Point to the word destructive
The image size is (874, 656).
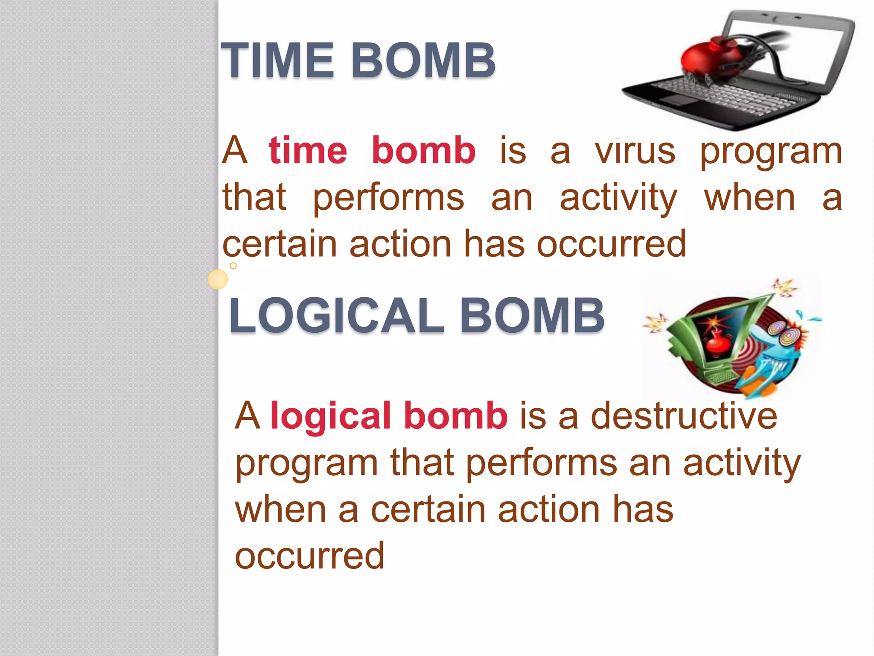click(x=684, y=416)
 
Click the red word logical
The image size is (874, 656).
click(x=330, y=416)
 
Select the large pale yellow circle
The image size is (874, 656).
click(x=218, y=280)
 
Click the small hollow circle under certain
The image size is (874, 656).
click(x=233, y=266)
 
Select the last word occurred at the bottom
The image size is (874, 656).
click(x=310, y=556)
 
